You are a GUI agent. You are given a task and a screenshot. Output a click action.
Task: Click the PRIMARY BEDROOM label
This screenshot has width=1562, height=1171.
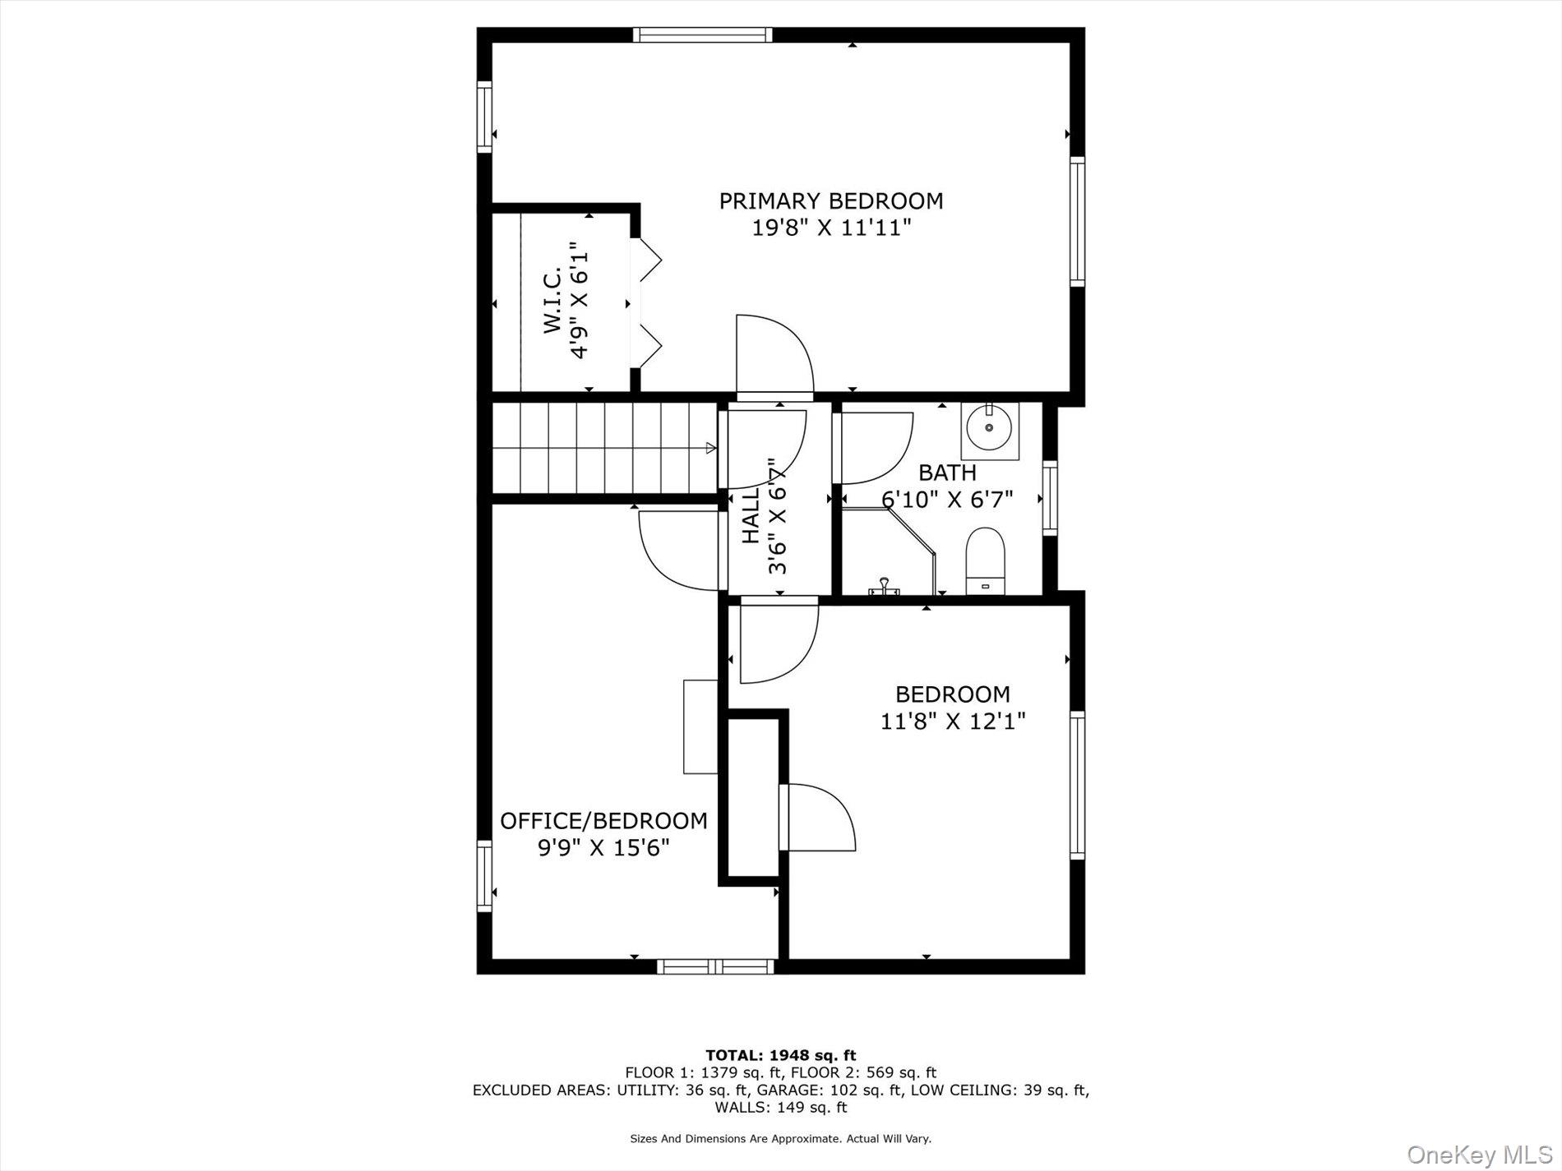click(x=831, y=201)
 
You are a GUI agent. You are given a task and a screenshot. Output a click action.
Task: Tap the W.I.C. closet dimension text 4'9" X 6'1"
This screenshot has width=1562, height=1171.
click(x=580, y=301)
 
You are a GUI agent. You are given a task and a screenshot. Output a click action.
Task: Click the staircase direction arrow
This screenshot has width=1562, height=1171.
click(x=710, y=448)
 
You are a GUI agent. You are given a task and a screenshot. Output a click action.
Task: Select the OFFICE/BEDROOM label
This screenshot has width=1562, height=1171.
click(x=603, y=821)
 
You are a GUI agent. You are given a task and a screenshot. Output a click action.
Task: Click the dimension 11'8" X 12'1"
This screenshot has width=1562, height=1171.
click(x=952, y=722)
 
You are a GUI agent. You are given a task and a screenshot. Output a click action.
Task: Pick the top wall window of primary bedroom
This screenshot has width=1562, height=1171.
click(x=703, y=35)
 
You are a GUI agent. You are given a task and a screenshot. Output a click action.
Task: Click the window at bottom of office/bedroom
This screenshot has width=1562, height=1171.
click(x=716, y=966)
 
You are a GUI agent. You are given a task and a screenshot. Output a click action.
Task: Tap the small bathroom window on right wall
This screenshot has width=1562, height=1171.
click(x=1050, y=499)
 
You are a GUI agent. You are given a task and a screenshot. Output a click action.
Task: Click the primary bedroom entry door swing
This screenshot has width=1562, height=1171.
click(x=774, y=355)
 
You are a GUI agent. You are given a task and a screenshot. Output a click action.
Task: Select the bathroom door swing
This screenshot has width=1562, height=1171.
click(x=873, y=448)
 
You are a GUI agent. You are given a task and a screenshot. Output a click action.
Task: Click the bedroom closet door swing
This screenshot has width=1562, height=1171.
click(x=819, y=817)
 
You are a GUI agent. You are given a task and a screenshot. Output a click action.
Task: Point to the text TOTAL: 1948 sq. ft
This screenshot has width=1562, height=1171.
click(x=780, y=1055)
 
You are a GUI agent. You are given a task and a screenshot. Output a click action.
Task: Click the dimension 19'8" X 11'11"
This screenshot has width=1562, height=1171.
click(x=831, y=228)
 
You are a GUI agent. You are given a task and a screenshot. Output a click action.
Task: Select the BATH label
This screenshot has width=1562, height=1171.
click(x=947, y=473)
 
